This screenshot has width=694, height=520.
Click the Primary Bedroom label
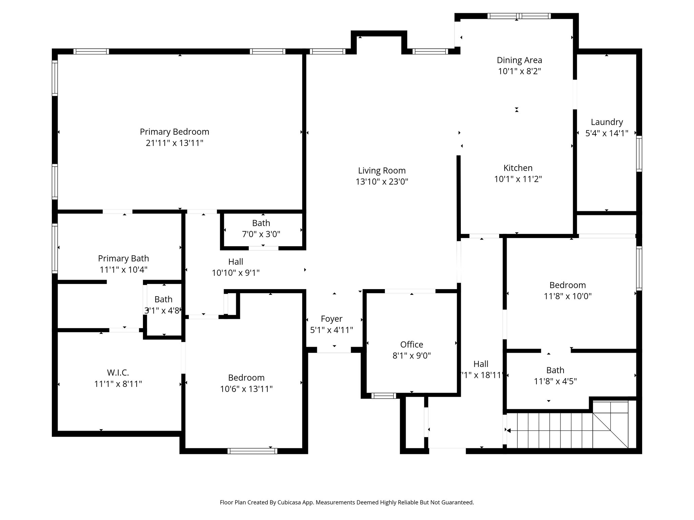174,132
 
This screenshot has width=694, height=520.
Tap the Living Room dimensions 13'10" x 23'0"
382,182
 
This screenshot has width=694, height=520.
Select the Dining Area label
519,60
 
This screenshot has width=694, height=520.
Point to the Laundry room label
607,122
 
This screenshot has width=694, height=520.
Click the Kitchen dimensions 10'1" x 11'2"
518,179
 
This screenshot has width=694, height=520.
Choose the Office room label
411,345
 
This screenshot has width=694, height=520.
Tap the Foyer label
331,319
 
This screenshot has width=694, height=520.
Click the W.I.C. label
118,373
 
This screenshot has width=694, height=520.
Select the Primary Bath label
123,259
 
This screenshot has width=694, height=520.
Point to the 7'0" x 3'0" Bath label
261,223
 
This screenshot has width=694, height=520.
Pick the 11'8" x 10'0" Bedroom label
567,285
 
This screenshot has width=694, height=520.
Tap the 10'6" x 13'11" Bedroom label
246,378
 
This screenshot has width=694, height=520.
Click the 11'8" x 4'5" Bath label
555,370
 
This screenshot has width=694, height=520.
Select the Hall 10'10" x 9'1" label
236,262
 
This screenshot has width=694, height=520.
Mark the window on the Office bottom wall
383,396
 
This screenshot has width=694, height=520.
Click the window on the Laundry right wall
639,154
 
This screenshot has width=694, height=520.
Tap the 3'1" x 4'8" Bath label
163,300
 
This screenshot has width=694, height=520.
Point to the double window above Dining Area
519,16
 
